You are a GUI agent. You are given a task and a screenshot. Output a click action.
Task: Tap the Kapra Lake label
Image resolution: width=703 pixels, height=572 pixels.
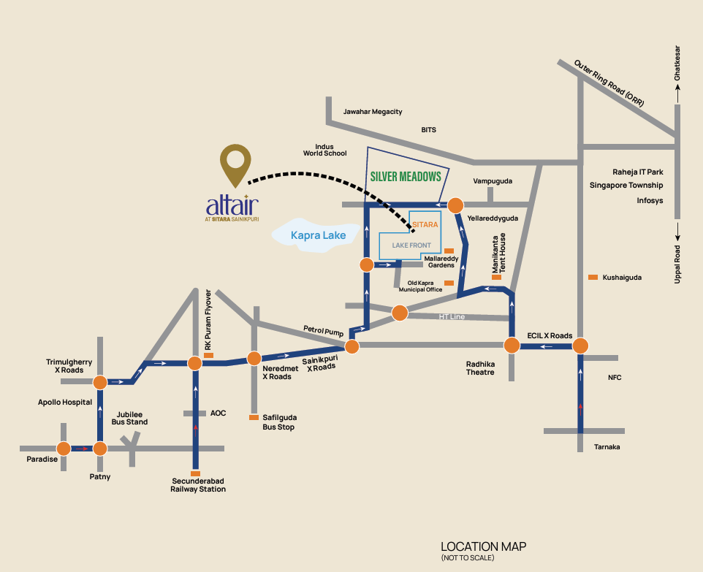pyautogui.click(x=319, y=235)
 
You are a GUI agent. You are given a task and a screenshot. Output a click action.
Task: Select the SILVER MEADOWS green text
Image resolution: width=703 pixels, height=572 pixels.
pyautogui.click(x=406, y=177)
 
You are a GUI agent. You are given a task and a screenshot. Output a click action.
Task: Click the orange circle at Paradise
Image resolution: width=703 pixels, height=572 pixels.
pyautogui.click(x=64, y=449)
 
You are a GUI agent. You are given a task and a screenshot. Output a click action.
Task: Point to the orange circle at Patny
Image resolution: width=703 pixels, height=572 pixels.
pyautogui.click(x=100, y=449)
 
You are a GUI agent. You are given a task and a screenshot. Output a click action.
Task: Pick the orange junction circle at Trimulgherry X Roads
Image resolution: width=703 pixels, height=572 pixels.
pyautogui.click(x=100, y=382)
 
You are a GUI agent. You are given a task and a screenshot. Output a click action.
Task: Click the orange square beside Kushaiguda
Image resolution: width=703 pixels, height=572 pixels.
pyautogui.click(x=593, y=278)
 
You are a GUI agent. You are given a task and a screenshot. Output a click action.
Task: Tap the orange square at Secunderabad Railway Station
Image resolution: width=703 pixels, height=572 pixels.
pyautogui.click(x=195, y=473)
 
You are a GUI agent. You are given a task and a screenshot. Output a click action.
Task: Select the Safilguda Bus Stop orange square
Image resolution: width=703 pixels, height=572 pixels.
pyautogui.click(x=254, y=417)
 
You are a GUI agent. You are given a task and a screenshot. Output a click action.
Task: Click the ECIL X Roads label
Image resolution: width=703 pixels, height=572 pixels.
pyautogui.click(x=550, y=336)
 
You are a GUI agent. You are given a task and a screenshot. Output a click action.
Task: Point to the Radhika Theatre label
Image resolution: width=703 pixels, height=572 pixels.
pyautogui.click(x=480, y=368)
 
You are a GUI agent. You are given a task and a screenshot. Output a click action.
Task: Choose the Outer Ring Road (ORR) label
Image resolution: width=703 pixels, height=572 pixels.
pyautogui.click(x=609, y=83)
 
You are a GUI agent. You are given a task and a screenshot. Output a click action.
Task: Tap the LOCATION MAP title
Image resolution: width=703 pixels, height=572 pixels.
pyautogui.click(x=483, y=546)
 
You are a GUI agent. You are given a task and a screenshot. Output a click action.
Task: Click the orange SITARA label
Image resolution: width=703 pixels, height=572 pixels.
pyautogui.click(x=425, y=224)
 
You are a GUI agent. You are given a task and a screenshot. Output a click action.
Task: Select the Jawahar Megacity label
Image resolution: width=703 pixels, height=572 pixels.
pyautogui.click(x=373, y=112)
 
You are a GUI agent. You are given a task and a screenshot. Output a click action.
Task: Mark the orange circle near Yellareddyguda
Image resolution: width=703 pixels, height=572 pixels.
pyautogui.click(x=455, y=205)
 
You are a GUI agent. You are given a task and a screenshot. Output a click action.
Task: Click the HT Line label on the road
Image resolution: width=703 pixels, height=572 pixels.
pyautogui.click(x=452, y=316)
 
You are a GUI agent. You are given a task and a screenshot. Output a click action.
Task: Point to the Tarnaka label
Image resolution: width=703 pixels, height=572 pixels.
pyautogui.click(x=607, y=447)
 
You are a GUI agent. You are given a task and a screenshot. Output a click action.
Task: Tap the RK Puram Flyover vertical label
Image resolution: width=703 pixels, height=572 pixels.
pyautogui.click(x=208, y=320)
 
